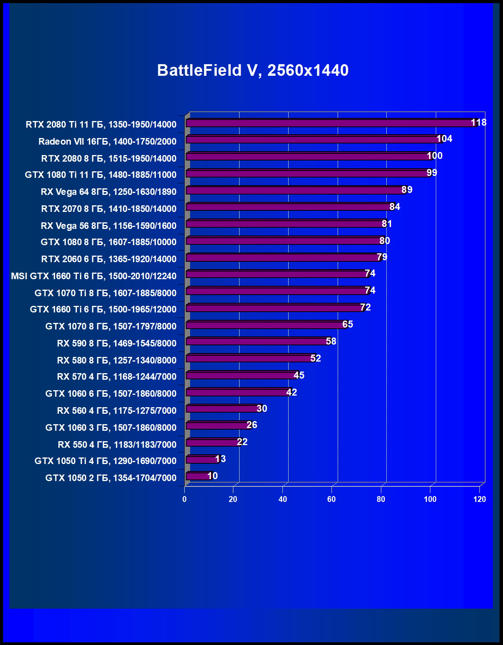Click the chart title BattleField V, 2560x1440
pyautogui.click(x=253, y=70)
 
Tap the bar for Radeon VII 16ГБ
pyautogui.click(x=313, y=140)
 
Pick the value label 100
pyautogui.click(x=435, y=156)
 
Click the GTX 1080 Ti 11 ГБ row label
pyautogui.click(x=100, y=175)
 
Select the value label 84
pyautogui.click(x=395, y=207)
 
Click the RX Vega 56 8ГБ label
pyautogui.click(x=109, y=226)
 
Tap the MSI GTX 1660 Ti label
pyautogui.click(x=93, y=276)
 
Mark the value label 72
pyautogui.click(x=365, y=307)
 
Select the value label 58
pyautogui.click(x=331, y=341)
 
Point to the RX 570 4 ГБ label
pyautogui.click(x=117, y=377)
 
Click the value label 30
pyautogui.click(x=262, y=409)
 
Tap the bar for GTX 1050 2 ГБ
pyautogui.click(x=198, y=476)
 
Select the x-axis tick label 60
pyautogui.click(x=331, y=499)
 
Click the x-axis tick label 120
pyautogui.click(x=479, y=499)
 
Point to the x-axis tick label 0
pyautogui.click(x=184, y=499)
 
